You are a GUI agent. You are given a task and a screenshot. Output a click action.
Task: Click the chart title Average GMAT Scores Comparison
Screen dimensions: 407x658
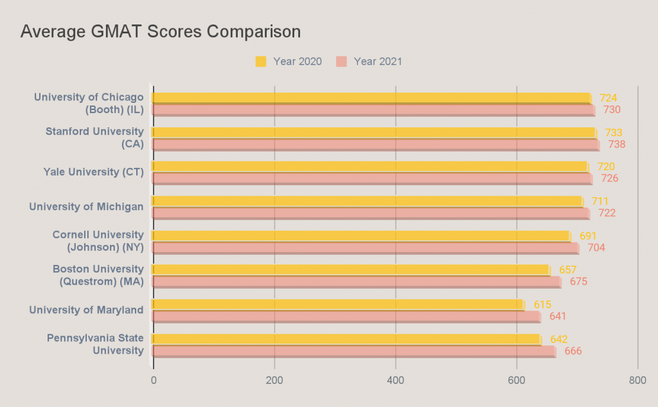tap(161, 32)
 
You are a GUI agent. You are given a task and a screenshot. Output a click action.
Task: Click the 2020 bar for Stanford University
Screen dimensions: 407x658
tap(374, 132)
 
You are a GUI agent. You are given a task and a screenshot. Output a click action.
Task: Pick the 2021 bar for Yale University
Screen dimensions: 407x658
tap(373, 178)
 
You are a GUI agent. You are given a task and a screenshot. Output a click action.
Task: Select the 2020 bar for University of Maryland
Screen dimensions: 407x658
tap(338, 304)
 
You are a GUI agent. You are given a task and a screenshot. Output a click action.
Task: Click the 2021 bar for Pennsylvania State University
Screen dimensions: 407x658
tap(354, 351)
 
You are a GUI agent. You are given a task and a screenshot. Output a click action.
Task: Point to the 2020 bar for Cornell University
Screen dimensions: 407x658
tap(361, 236)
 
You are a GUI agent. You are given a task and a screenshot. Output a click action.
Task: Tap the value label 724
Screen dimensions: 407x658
tap(608, 98)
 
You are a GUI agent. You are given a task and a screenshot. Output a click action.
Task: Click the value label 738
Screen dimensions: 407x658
tap(617, 144)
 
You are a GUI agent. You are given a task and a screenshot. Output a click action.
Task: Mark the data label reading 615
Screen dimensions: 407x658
tap(542, 304)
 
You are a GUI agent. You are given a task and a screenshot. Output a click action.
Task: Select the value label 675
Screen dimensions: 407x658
tap(578, 282)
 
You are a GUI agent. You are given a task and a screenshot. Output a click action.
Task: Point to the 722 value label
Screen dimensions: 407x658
tap(607, 213)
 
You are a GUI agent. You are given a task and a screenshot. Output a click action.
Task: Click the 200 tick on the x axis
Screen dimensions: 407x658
tap(274, 381)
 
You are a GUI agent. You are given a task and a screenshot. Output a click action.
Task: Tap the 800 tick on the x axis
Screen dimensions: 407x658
tap(637, 381)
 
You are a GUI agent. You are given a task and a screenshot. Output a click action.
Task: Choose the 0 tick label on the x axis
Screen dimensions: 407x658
tap(154, 381)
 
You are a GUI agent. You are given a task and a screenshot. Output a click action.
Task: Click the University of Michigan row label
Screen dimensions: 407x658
tap(86, 206)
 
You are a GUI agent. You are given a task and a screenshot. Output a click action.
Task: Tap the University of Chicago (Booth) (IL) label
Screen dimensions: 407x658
tap(89, 103)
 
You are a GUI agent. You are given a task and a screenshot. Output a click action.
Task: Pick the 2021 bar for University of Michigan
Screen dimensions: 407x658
tap(371, 213)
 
